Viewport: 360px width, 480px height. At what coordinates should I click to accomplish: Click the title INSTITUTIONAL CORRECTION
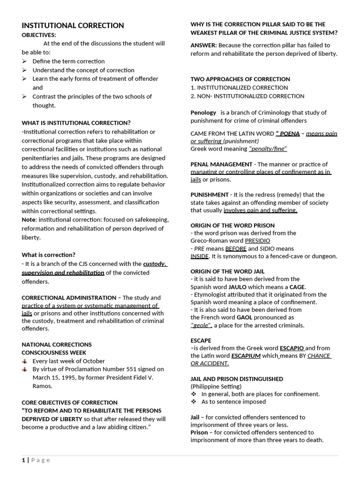[73, 26]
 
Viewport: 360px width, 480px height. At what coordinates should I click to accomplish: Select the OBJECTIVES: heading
[39, 35]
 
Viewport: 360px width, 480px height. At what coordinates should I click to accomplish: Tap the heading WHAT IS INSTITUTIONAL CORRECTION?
[76, 123]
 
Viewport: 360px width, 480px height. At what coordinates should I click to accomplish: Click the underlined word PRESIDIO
[257, 240]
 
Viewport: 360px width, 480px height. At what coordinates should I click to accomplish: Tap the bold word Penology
[203, 112]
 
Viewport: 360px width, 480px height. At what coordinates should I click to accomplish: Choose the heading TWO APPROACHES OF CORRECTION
[240, 79]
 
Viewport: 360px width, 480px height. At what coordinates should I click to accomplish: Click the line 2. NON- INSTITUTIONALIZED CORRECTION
[247, 96]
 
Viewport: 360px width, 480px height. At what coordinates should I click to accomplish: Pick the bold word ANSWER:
[203, 45]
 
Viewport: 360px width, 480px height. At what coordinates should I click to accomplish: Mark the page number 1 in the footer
[23, 460]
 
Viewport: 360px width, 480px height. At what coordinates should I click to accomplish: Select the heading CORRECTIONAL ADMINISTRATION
[69, 298]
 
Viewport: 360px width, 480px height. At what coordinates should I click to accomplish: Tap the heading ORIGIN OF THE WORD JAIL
[227, 271]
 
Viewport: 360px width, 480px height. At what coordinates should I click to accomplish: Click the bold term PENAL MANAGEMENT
[221, 165]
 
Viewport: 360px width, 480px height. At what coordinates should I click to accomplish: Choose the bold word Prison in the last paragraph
[199, 433]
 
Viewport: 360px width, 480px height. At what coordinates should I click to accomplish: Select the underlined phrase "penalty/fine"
[268, 149]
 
